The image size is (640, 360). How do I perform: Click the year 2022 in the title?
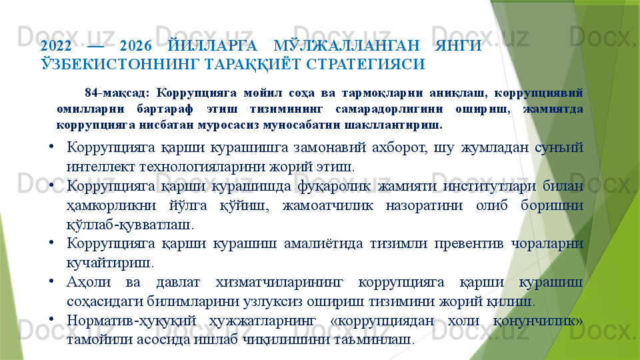pyautogui.click(x=56, y=46)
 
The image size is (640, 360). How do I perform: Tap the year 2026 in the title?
pyautogui.click(x=136, y=46)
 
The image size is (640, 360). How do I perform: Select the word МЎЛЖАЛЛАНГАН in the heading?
pyautogui.click(x=347, y=45)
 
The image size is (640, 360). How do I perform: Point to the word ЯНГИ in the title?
pyautogui.click(x=458, y=46)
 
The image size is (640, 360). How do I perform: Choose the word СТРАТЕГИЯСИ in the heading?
pyautogui.click(x=366, y=64)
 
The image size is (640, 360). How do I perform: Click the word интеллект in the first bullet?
pyautogui.click(x=101, y=167)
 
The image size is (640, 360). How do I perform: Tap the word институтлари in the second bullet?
pyautogui.click(x=489, y=186)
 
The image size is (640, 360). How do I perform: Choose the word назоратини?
pyautogui.click(x=424, y=205)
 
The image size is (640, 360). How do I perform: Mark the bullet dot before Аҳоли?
pyautogui.click(x=50, y=281)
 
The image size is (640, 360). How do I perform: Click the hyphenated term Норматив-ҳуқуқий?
pyautogui.click(x=131, y=321)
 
